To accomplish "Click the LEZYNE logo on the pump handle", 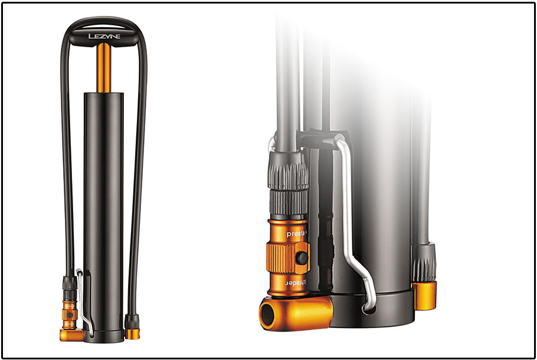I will click(104, 37).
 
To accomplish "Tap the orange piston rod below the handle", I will click(104, 68).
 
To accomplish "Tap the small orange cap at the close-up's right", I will click(424, 294).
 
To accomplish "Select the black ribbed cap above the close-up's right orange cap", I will click(424, 263).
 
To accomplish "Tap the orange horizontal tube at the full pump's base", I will click(71, 335).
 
